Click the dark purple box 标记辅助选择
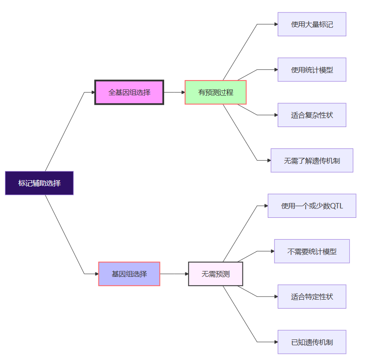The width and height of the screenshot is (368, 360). tap(39, 183)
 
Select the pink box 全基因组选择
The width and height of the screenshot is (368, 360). tap(129, 93)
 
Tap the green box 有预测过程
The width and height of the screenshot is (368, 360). tap(216, 93)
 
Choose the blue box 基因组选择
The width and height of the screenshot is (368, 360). tap(129, 274)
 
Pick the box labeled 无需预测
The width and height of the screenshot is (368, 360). tap(216, 274)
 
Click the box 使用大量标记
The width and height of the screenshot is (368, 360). tap(312, 24)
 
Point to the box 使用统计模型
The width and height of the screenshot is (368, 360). tap(312, 70)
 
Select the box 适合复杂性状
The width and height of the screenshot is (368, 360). tap(312, 115)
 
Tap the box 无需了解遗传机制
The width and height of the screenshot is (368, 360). tap(312, 160)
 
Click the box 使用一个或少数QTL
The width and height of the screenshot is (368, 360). tap(312, 206)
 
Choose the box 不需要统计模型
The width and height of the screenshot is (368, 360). tap(312, 251)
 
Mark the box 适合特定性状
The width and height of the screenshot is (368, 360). tap(312, 296)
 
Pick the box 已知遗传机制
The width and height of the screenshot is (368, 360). tap(312, 342)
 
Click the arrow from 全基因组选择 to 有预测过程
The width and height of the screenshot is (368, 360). tap(174, 93)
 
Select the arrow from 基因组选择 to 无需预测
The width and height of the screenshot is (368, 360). tap(174, 274)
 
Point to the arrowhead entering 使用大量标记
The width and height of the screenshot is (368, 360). tap(275, 24)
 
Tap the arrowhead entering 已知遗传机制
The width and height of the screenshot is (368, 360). tap(275, 342)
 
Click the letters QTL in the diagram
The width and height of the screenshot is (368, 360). tap(336, 206)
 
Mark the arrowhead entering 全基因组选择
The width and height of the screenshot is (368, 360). tap(93, 93)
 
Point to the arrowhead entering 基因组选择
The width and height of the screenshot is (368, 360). tap(96, 274)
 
